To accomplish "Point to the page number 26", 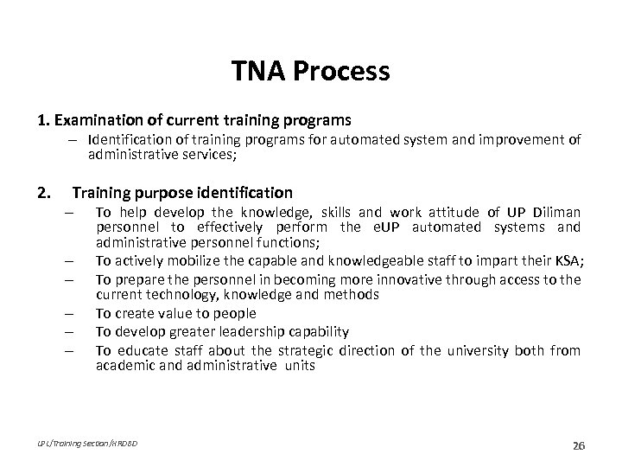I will coord(578,445).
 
